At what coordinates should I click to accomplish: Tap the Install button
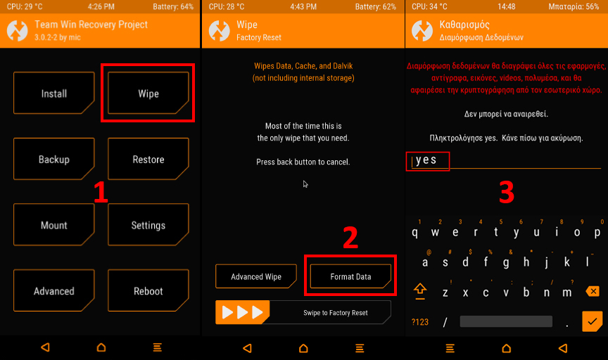(54, 93)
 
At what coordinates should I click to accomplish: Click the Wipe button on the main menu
(148, 93)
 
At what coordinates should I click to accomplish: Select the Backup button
(54, 159)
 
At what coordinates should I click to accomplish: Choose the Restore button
(148, 159)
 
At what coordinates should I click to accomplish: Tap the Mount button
(54, 225)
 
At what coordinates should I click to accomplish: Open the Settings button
(148, 225)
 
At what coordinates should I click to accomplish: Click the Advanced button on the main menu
(54, 290)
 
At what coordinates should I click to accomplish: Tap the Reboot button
(148, 290)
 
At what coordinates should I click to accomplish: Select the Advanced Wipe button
(256, 276)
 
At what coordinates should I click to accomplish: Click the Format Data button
(350, 276)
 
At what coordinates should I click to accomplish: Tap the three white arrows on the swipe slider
(242, 312)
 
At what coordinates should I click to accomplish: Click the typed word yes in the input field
(426, 160)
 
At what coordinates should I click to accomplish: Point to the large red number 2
(350, 238)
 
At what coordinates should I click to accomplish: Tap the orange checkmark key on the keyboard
(592, 321)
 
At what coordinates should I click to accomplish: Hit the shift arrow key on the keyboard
(420, 291)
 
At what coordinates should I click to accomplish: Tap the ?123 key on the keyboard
(420, 322)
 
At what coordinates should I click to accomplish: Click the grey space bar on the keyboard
(506, 321)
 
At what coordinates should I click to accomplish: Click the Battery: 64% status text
(173, 6)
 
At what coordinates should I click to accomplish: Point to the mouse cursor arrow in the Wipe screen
(305, 184)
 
